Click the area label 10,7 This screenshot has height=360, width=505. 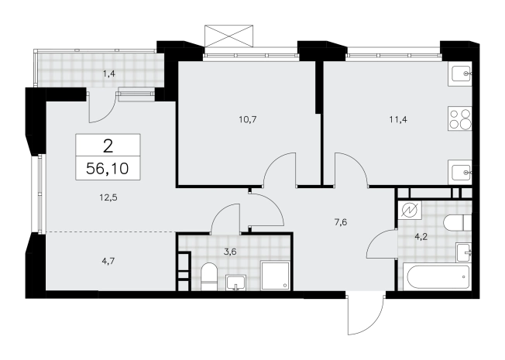248,120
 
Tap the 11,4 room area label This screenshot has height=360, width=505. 398,120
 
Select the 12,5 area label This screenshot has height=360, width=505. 108,197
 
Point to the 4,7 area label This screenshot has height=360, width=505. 108,261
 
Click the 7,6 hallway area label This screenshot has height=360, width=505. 341,222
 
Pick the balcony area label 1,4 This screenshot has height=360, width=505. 109,74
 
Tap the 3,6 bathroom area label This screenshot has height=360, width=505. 230,252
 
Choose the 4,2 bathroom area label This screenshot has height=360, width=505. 421,237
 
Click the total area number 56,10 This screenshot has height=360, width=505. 108,169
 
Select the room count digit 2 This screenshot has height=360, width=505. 108,146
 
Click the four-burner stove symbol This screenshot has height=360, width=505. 460,119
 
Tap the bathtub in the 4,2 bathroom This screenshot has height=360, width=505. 435,277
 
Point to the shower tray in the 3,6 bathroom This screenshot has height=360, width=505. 275,276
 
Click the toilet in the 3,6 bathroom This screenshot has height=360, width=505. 208,276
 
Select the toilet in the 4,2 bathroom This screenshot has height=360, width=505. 457,222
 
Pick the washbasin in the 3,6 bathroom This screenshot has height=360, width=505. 236,283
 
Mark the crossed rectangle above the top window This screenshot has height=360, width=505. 228,35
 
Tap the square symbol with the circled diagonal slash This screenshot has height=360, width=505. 410,211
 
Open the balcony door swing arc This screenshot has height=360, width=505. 104,111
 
